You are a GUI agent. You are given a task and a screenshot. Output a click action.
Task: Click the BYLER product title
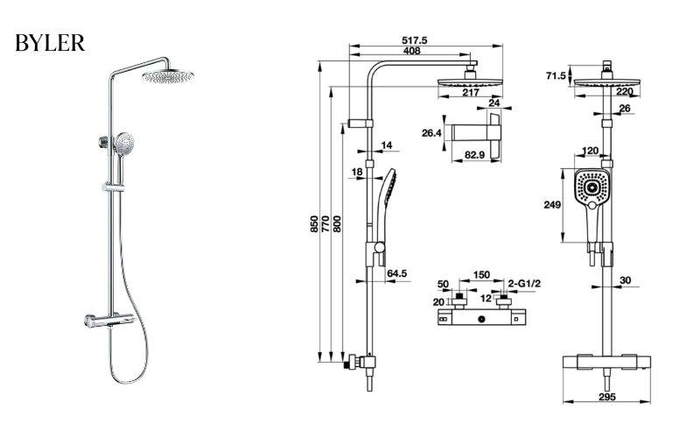[x=50, y=43]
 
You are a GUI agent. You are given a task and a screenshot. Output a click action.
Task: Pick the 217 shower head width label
[x=470, y=92]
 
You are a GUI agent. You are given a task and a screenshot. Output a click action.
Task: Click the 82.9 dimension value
[x=476, y=155]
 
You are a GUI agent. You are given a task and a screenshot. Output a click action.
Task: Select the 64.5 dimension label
[x=397, y=274]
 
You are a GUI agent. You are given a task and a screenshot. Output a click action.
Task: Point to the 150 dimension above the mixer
[x=481, y=275]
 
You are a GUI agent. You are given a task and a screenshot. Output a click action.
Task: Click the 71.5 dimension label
[x=556, y=76]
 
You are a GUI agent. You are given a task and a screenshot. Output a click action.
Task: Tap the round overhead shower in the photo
[x=167, y=78]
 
